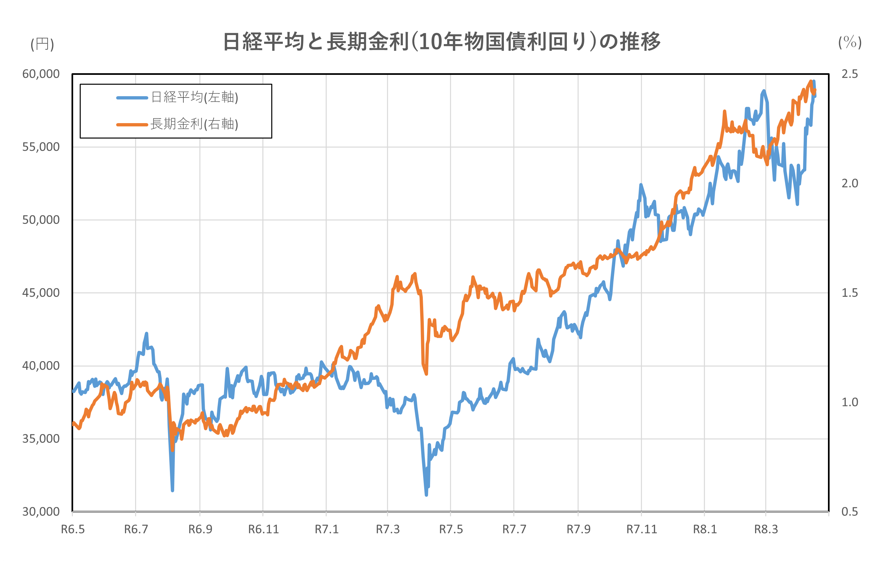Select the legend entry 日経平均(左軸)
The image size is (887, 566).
[195, 98]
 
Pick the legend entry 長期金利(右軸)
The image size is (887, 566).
[195, 124]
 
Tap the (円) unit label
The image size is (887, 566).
[42, 44]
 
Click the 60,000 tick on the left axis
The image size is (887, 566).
[41, 74]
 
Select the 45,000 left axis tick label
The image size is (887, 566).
[41, 293]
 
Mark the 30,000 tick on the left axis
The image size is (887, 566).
[41, 512]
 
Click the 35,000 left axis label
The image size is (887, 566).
[41, 439]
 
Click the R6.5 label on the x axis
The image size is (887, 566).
[73, 530]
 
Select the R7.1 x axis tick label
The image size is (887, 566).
[326, 530]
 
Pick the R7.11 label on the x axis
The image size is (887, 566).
[642, 530]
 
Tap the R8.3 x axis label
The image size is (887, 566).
[766, 530]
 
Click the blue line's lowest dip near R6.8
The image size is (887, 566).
[173, 490]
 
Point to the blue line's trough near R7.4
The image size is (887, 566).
[426, 495]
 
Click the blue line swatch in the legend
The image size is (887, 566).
[132, 98]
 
